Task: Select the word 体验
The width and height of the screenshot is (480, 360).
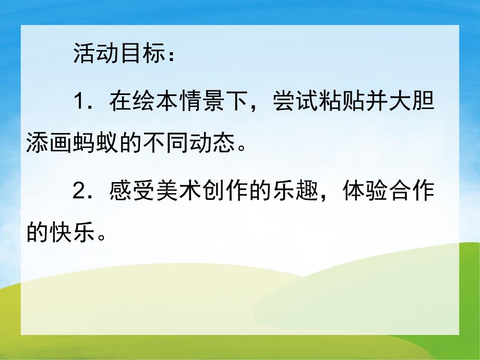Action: point(363,191)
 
